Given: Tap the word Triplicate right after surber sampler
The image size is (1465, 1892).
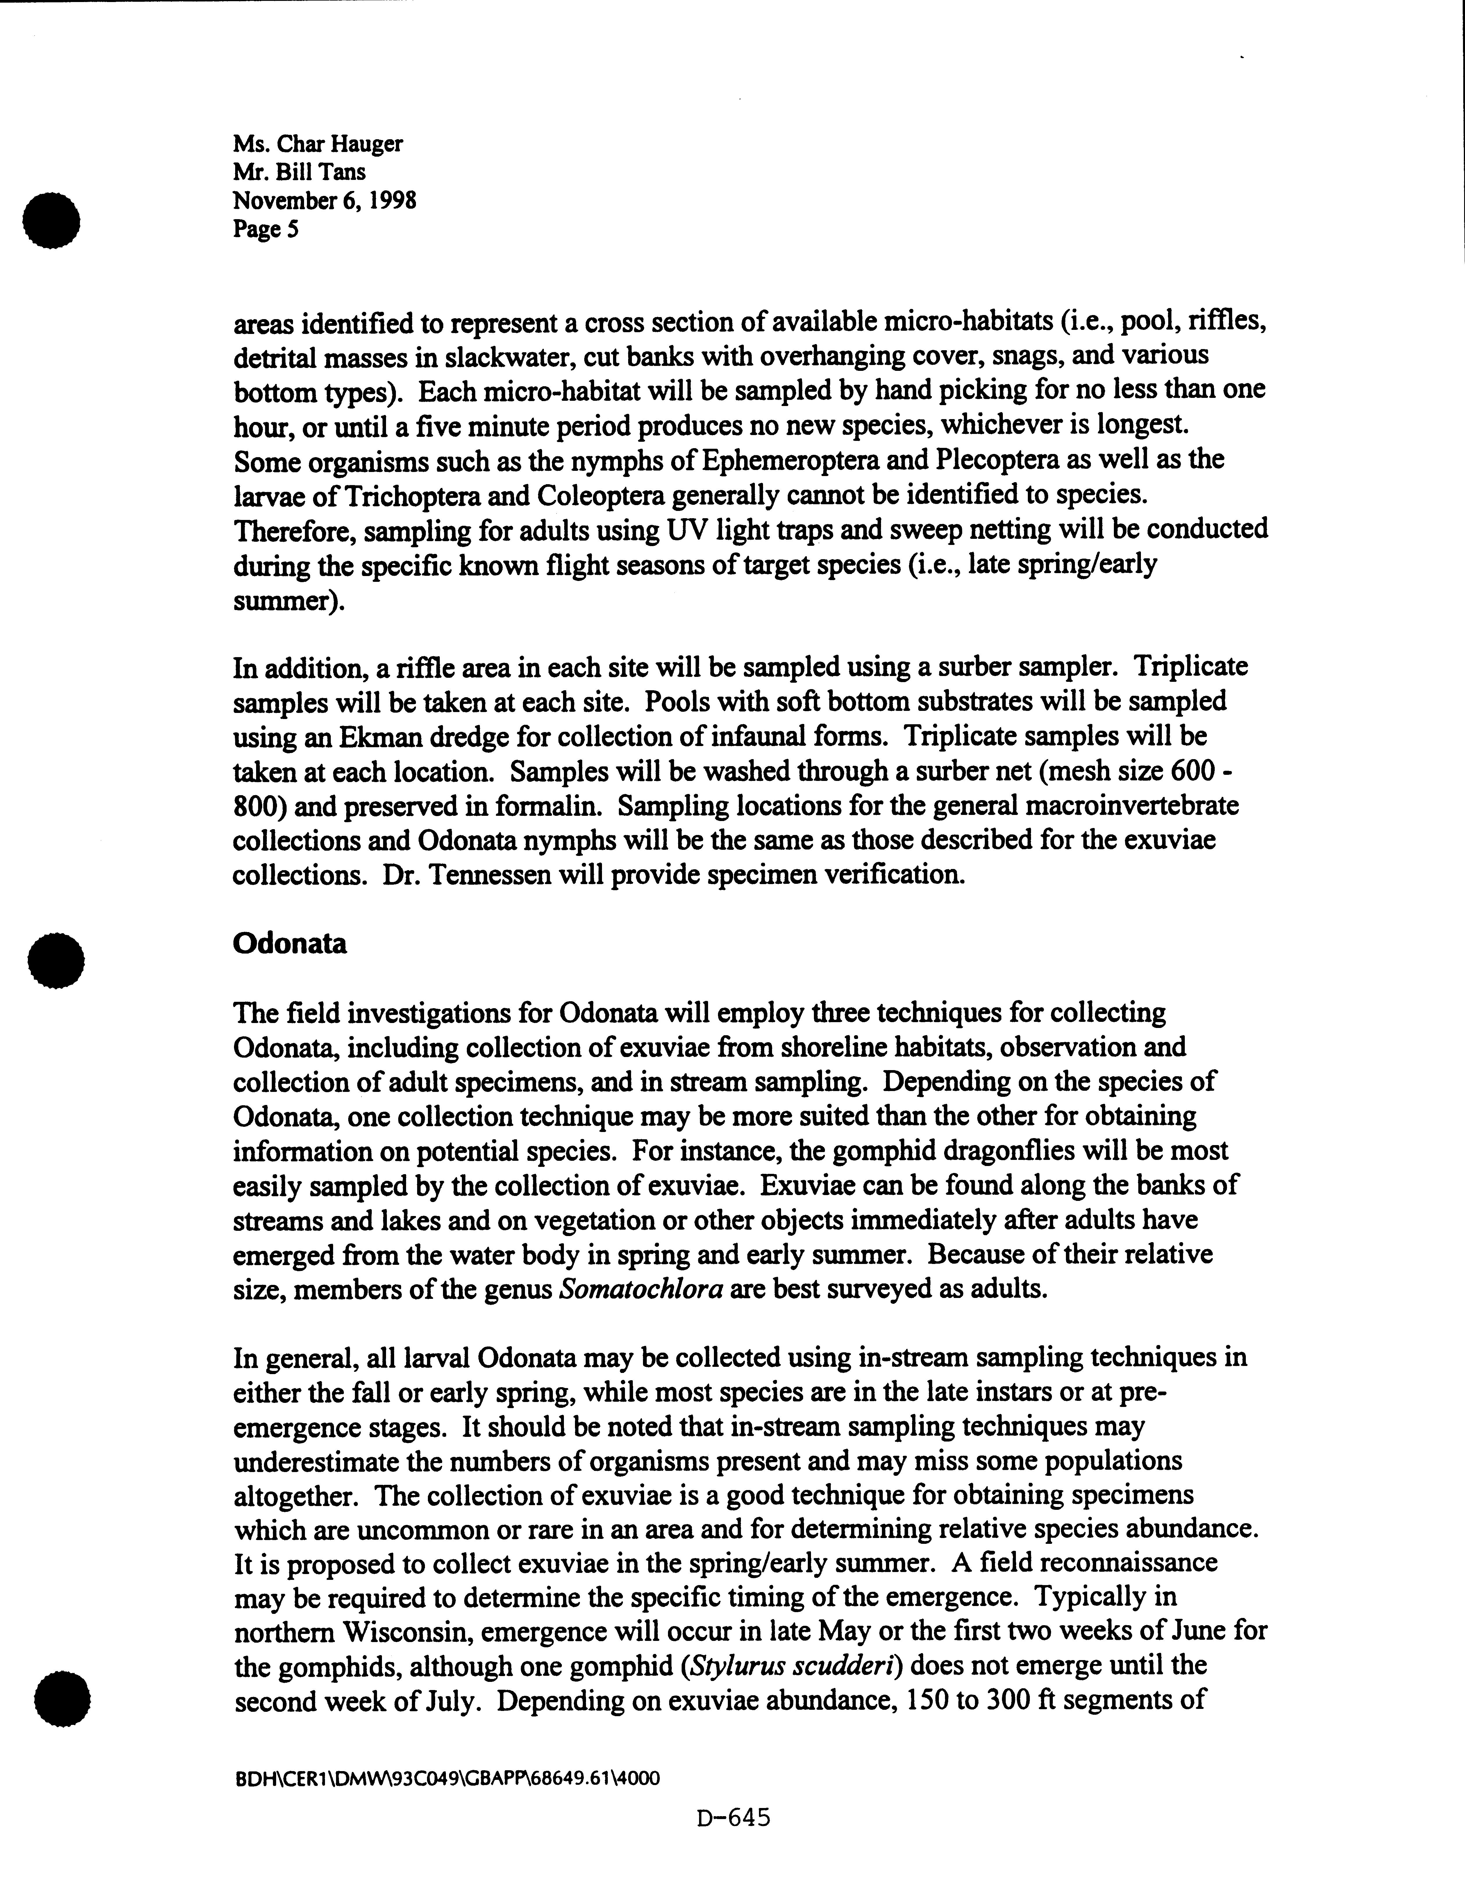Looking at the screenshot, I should pos(1192,667).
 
